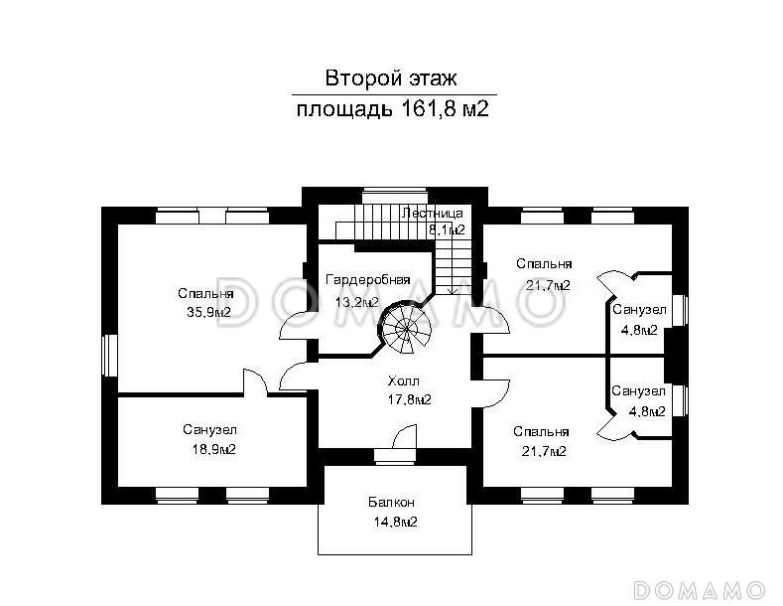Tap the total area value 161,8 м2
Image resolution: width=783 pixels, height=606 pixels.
446,108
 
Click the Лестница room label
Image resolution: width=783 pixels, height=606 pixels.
432,213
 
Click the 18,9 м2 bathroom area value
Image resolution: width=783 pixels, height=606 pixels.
208,449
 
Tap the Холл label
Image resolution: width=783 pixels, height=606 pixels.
404,380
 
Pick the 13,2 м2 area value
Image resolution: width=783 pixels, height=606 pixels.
356,302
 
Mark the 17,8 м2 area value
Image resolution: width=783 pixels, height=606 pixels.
408,399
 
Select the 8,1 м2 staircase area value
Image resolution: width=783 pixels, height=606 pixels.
447,230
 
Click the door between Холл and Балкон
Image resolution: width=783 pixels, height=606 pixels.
405,438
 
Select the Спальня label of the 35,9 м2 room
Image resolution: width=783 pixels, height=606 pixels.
205,293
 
